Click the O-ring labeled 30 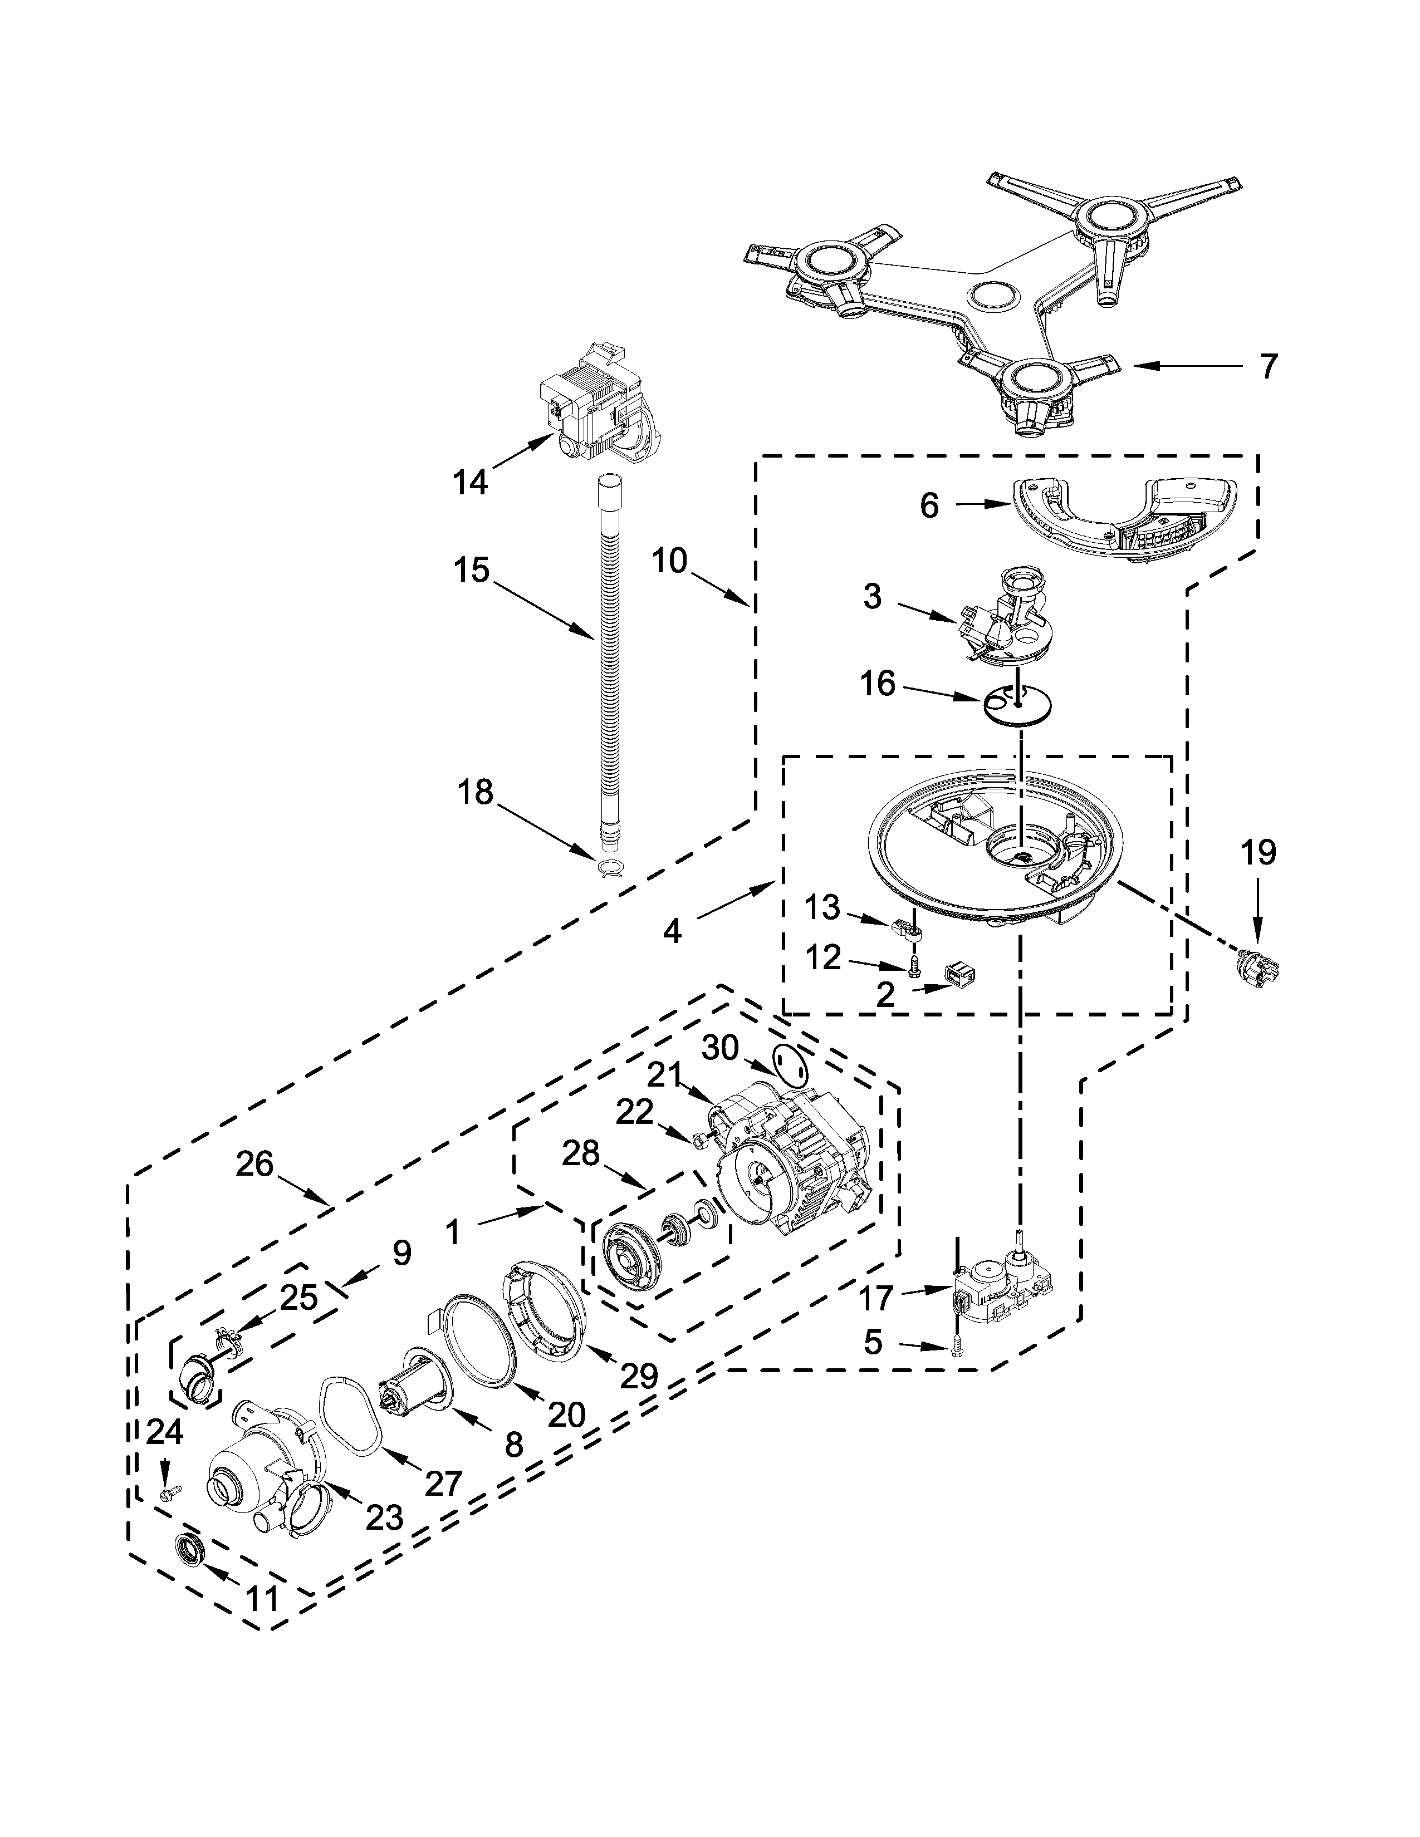click(x=789, y=1065)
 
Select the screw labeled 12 click(x=914, y=968)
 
